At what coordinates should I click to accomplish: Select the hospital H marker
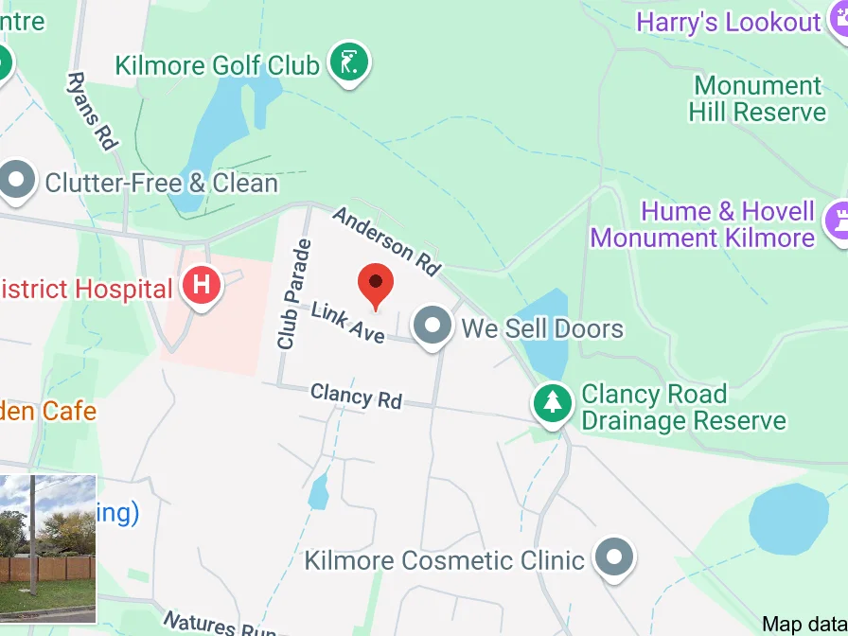[201, 284]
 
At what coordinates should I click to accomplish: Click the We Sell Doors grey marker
[433, 326]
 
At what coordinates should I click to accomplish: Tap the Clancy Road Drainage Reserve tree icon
[553, 403]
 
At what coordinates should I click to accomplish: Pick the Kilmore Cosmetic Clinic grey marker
[614, 556]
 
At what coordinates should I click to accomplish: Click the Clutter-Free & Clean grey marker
[17, 180]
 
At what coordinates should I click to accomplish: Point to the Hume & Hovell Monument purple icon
[839, 221]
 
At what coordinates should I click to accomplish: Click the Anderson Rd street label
[387, 242]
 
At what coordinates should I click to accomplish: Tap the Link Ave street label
[347, 322]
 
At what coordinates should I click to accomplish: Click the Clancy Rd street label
[356, 396]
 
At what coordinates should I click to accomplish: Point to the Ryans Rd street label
[91, 111]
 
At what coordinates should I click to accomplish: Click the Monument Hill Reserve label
[757, 98]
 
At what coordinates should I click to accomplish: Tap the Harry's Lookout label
[728, 23]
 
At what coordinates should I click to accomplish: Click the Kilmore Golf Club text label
[217, 65]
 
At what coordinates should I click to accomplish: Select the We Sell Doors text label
[542, 328]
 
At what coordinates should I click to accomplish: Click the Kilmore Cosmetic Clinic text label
[444, 559]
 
